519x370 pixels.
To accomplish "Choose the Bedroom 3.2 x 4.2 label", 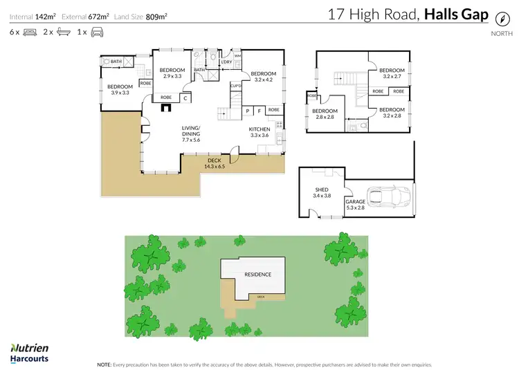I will click(263, 77).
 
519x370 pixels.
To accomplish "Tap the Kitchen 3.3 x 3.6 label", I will click(259, 132).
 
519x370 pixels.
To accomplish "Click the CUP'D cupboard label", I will click(236, 86).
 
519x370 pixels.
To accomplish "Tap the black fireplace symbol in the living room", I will click(165, 107).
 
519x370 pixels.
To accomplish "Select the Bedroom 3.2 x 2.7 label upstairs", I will click(392, 73).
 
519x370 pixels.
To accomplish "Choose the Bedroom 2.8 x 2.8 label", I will click(325, 114).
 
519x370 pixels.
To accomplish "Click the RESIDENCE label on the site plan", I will click(257, 274).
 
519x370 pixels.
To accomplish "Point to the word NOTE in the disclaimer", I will click(104, 364).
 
